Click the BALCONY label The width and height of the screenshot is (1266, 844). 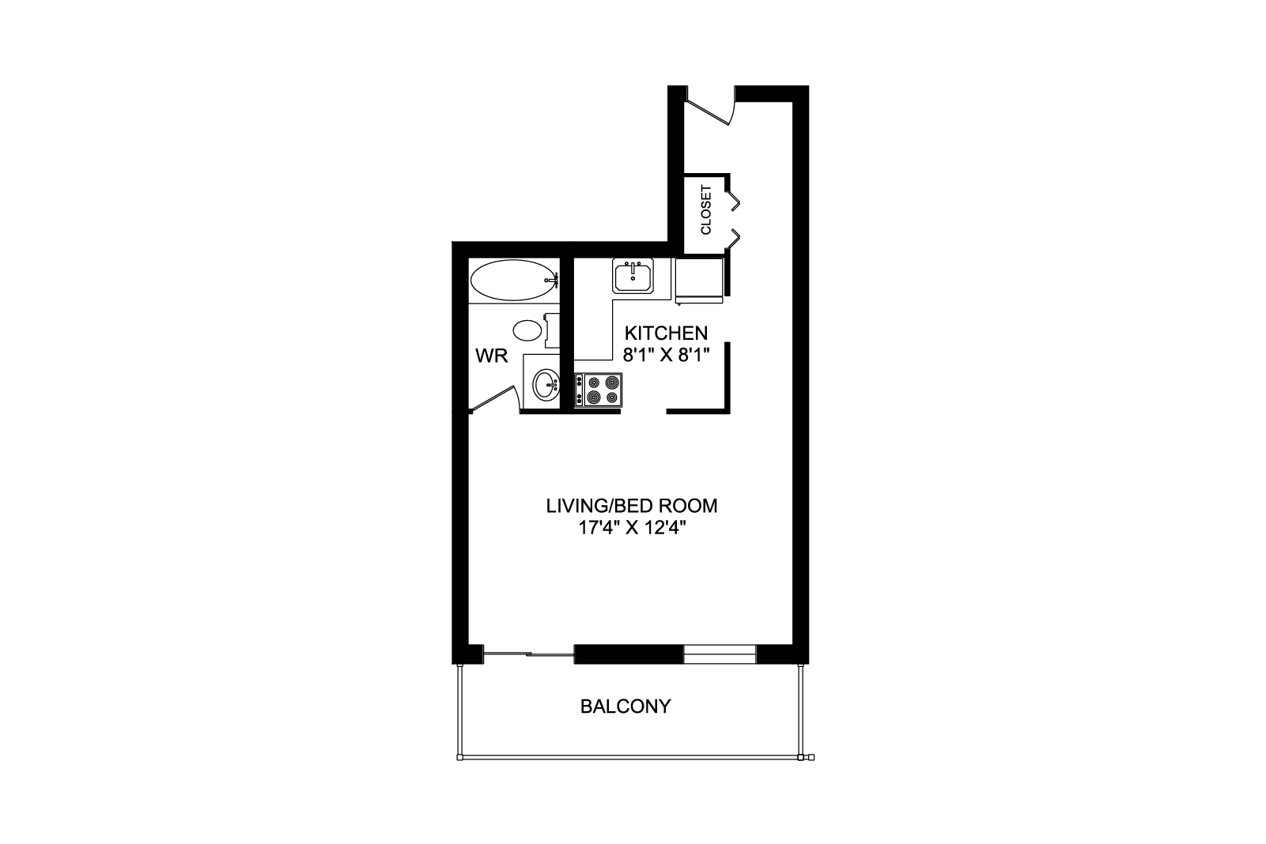coord(625,706)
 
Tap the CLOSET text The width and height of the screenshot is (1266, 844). coord(706,209)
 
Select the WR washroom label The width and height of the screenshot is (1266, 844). coord(492,356)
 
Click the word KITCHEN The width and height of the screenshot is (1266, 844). coord(666,332)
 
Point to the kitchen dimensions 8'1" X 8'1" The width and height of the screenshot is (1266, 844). coord(666,355)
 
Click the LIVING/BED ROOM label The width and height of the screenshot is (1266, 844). coord(632,506)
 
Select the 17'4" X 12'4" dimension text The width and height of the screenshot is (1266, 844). coord(632,528)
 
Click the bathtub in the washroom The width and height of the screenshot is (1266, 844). coord(514,281)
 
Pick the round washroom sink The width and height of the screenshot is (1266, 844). coord(546,385)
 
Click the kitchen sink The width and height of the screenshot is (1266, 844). coord(633,276)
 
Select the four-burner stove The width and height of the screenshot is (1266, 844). coord(599,390)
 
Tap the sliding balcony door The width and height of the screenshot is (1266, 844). coord(528,654)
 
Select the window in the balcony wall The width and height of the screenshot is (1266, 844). coord(720,654)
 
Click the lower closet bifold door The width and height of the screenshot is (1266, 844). coord(734,239)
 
